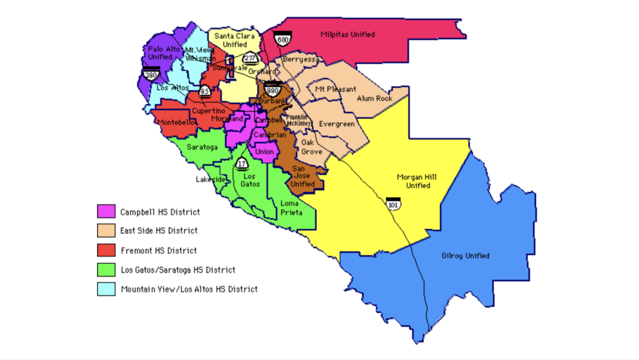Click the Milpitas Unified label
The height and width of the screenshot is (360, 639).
[348, 35]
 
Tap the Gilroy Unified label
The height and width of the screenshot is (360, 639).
[465, 256]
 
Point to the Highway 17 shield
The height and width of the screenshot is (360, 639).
[242, 164]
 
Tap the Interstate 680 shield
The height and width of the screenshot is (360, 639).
[282, 39]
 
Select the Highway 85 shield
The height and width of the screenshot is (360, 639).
[204, 91]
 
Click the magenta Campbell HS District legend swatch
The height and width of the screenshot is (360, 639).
[106, 212]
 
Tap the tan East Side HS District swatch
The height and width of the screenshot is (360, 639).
[106, 231]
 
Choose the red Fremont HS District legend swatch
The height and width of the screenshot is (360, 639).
[106, 251]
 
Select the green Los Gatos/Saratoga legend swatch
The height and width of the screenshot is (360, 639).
[106, 270]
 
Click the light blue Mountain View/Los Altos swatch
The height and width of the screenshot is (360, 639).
[106, 289]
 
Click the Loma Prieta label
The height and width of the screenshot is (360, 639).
[290, 207]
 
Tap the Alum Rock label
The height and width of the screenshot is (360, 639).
[374, 98]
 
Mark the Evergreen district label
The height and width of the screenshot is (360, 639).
[336, 124]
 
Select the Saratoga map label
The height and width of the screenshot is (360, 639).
[203, 147]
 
